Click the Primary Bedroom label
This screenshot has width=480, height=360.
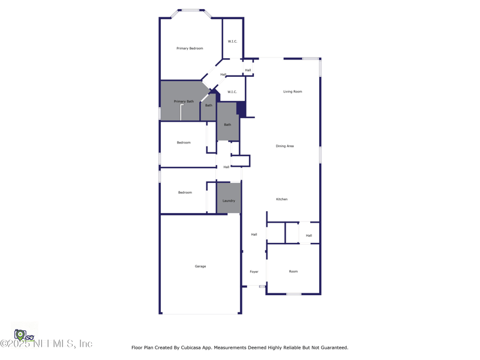click(190, 49)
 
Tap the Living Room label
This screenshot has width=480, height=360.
click(293, 92)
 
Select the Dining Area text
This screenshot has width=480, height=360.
click(284, 146)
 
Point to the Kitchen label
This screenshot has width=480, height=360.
click(281, 199)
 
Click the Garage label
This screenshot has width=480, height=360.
click(200, 266)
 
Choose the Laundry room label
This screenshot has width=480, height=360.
click(229, 201)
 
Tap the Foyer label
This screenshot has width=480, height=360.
click(254, 272)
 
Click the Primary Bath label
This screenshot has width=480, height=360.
click(184, 101)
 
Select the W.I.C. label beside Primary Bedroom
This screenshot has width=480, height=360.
click(232, 41)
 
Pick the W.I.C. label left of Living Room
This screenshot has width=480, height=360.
click(232, 92)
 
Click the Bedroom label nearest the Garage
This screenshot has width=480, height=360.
click(185, 193)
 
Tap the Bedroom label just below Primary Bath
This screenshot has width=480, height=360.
click(184, 143)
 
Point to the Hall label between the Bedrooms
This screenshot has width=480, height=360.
click(226, 167)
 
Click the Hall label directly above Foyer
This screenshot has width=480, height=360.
click(254, 235)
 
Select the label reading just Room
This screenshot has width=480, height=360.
click(293, 272)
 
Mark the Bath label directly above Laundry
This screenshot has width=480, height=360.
click(227, 125)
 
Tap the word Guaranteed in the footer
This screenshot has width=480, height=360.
click(332, 347)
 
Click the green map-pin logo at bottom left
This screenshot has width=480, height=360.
click(20, 334)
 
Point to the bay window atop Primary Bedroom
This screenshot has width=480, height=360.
click(191, 11)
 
